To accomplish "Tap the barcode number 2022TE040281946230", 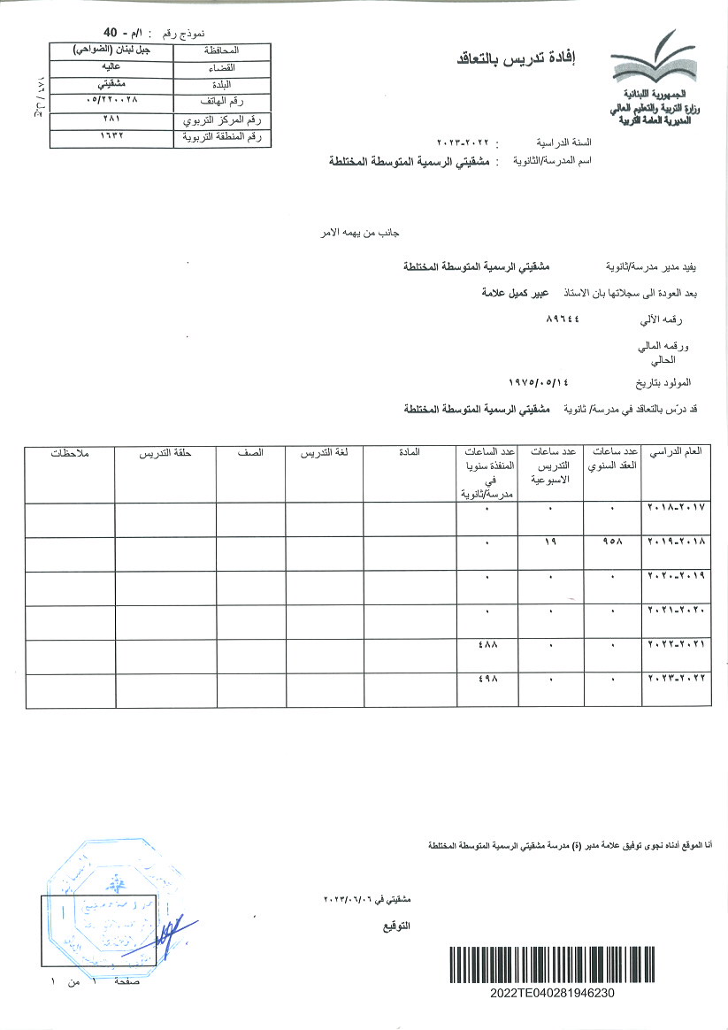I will [x=552, y=993].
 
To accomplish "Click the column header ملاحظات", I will [x=70, y=452].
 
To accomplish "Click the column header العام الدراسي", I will [x=676, y=452].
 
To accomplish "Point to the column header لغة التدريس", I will [x=324, y=452].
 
